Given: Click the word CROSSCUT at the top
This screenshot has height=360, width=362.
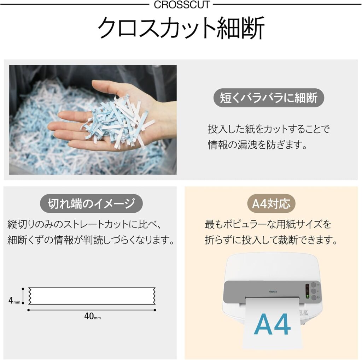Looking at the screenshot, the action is [182, 5].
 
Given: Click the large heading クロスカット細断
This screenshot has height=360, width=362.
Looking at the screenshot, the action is [181, 28].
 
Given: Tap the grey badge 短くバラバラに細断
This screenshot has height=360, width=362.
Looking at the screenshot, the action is [269, 98].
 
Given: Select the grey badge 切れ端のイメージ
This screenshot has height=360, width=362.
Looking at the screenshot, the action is [91, 203].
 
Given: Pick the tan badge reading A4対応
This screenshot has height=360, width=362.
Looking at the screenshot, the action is [271, 203].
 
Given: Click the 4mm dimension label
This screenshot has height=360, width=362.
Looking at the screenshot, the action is [14, 300].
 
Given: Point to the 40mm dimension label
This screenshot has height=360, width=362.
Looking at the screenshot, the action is [92, 316].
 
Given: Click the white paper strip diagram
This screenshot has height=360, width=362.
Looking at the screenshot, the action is [92, 296].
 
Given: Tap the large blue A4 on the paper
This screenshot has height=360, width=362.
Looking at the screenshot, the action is [273, 324].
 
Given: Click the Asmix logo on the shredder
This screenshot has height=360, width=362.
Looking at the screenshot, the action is [273, 292].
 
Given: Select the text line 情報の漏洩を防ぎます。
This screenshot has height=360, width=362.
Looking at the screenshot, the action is [258, 145].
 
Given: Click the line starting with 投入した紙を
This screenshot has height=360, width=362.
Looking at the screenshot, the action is [269, 129].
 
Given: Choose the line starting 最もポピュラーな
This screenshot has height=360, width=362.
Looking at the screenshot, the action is [268, 224].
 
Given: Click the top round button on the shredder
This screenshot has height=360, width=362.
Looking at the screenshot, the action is [313, 284].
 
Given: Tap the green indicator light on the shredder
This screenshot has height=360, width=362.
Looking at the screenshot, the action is [307, 296].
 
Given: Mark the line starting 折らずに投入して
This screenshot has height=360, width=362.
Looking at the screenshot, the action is [271, 240].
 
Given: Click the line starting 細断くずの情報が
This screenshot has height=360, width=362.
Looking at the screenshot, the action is [91, 240].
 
